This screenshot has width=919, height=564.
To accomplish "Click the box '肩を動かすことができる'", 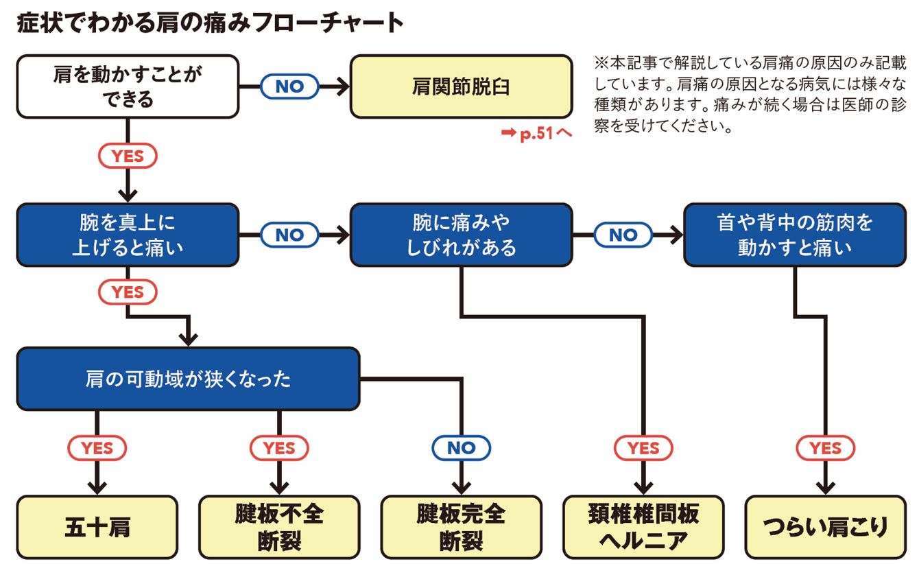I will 128,87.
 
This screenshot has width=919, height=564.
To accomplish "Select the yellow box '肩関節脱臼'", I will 461,87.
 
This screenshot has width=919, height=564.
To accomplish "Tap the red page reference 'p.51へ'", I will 536,134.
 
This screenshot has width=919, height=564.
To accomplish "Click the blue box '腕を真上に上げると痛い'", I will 128,235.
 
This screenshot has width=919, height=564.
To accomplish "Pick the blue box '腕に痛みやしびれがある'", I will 461,235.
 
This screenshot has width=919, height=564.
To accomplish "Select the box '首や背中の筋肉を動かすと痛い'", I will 794,235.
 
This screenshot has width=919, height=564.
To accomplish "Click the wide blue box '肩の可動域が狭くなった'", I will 188,379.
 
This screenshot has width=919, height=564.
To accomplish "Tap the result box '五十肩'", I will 97,527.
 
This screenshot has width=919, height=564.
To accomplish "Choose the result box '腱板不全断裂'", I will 279,527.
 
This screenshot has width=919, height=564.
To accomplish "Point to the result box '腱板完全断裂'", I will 461,527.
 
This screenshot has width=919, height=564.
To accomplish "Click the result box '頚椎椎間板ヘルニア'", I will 643,527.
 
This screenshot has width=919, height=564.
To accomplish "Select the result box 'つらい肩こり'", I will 825,527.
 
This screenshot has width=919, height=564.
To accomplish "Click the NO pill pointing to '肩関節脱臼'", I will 289,87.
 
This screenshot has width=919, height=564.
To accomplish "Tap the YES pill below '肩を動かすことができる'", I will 128,156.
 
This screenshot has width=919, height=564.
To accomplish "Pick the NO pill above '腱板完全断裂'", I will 461,448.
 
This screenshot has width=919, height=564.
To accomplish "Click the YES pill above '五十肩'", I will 97,448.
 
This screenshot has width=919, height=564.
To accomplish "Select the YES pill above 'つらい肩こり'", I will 825,448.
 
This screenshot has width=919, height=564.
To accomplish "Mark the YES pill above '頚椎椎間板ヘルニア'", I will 643,448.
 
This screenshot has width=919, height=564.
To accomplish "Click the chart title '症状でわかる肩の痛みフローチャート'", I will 209,24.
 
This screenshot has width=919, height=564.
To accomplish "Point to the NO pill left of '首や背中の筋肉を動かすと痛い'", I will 623,235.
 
